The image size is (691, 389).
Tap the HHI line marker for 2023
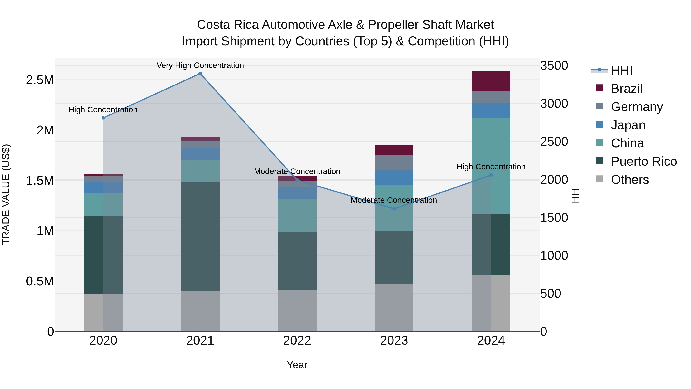(394, 209)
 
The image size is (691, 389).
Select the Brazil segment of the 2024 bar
(491, 81)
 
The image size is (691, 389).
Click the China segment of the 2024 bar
(491, 166)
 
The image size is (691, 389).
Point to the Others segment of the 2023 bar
(394, 307)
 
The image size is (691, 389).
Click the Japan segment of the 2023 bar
(394, 178)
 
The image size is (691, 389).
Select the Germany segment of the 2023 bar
(394, 162)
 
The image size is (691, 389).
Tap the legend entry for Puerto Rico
(644, 161)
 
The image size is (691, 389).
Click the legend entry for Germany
(637, 107)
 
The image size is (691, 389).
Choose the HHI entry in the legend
(622, 70)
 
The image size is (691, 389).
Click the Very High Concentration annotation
(200, 65)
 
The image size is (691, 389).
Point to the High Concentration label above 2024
(491, 167)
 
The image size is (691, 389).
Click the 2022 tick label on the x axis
(297, 341)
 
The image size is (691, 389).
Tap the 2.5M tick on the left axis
(40, 80)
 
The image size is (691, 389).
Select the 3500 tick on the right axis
(554, 66)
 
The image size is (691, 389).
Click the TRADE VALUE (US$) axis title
(6, 194)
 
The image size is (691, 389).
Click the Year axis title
(297, 365)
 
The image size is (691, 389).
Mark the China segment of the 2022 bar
(297, 216)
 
